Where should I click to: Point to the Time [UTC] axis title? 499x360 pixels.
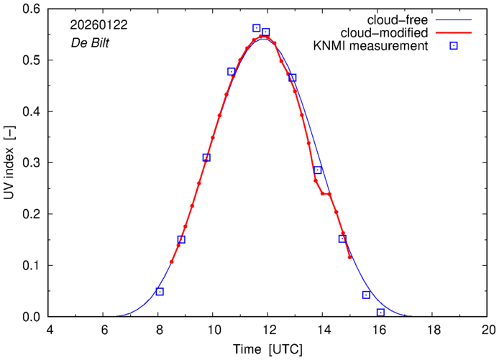point(267,349)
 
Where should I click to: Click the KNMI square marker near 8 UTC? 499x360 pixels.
point(160,292)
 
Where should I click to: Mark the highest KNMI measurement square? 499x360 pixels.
point(257,28)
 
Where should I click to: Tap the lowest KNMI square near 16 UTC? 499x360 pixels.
point(380,313)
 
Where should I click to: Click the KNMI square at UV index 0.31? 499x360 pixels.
point(206,157)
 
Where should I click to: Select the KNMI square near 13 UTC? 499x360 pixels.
point(293,78)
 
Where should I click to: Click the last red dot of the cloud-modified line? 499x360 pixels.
point(350,257)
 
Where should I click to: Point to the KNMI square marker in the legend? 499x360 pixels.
point(454,47)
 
